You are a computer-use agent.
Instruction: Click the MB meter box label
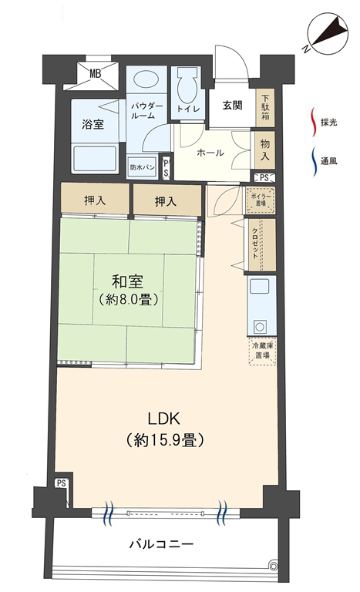(95, 74)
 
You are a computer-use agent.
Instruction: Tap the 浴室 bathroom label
(93, 124)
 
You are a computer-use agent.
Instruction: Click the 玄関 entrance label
(232, 106)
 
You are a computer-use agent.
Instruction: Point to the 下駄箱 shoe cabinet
(265, 107)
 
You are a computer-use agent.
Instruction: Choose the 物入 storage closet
(265, 150)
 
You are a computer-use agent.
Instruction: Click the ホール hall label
(210, 153)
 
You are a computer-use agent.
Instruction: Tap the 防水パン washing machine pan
(143, 166)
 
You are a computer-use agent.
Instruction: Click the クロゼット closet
(261, 244)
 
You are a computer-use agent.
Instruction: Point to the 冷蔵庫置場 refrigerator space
(262, 351)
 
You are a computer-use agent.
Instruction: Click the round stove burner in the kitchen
(260, 325)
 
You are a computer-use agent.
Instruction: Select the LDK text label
(163, 419)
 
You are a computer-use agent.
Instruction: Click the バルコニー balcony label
(162, 544)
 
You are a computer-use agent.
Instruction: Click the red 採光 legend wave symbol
(313, 122)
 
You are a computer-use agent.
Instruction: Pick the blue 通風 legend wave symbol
(314, 162)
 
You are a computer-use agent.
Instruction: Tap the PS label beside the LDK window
(62, 483)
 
